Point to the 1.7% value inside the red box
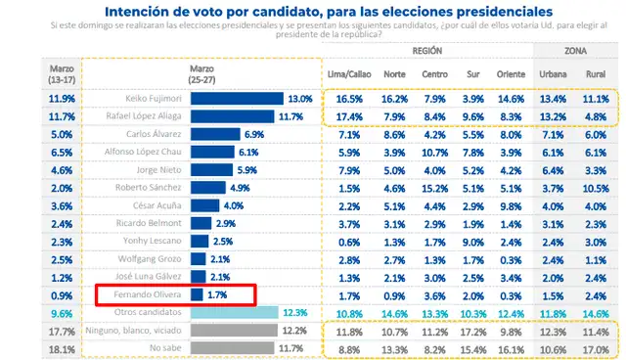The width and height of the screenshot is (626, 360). (x=218, y=294)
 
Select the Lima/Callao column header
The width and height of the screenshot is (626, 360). (x=349, y=73)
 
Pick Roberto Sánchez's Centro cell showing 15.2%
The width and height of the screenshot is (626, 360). (x=434, y=188)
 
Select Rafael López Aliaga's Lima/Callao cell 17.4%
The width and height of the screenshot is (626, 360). (x=349, y=116)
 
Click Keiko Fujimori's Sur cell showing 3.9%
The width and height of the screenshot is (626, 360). (x=470, y=99)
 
